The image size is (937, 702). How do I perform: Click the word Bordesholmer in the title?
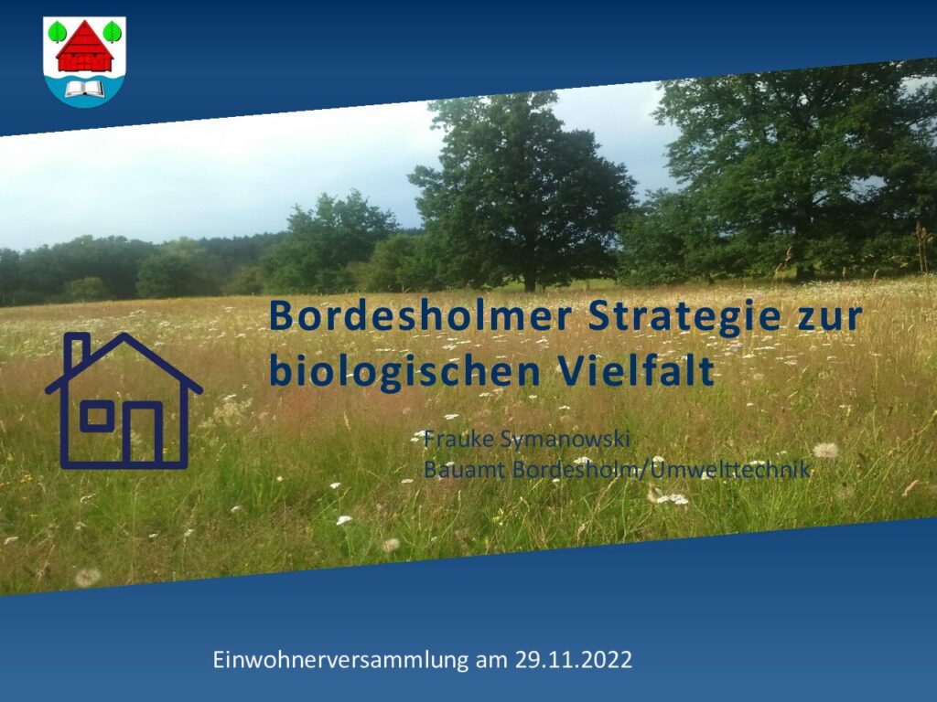421,316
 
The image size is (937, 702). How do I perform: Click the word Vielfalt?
637,370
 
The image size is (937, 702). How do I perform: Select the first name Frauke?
459,439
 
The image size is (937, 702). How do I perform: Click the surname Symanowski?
565,441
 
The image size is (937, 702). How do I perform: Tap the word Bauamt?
465,469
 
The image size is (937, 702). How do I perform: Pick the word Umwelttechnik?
730,469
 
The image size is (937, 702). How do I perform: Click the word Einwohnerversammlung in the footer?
340,660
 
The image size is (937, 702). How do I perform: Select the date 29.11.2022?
573,660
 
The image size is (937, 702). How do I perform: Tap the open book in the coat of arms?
84,89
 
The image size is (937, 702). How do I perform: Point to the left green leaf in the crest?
57,32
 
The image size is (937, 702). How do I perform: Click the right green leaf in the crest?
113,32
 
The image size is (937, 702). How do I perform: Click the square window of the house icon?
97,416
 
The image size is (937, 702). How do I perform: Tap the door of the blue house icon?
143,433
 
